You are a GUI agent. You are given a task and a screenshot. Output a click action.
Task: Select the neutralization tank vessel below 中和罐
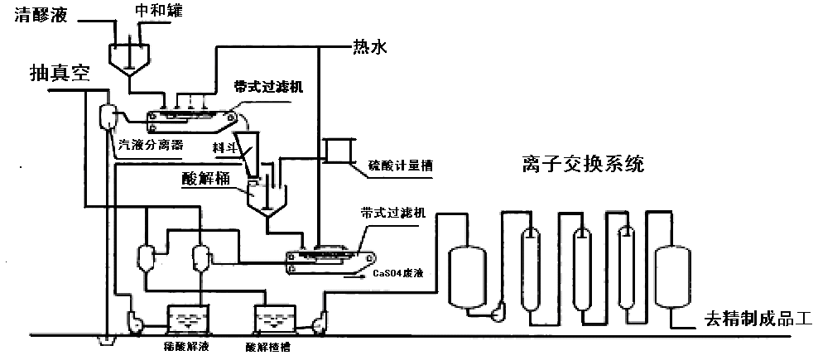(130, 55)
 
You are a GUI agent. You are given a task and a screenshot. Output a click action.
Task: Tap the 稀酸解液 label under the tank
(187, 346)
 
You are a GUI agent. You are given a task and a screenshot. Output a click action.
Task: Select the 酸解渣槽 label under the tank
(272, 347)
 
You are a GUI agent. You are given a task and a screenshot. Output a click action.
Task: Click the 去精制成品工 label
(760, 317)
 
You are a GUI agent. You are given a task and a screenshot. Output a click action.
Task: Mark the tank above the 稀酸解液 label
(189, 320)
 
